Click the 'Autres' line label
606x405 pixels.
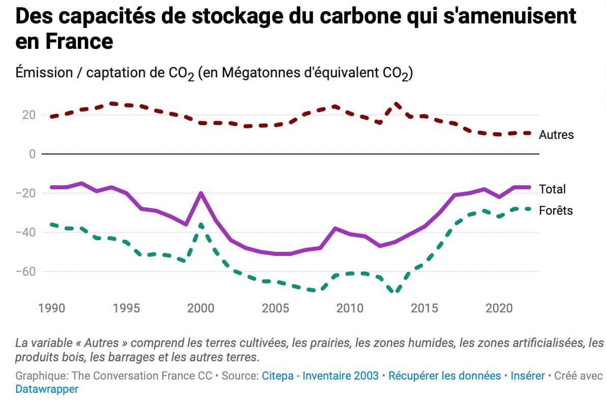coord(556,135)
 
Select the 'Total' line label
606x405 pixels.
coord(552,189)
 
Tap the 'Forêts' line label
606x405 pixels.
coord(556,210)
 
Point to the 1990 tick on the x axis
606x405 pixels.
coord(51,308)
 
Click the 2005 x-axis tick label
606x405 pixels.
coord(275,308)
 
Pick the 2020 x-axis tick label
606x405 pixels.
coord(499,308)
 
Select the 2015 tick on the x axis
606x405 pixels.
coord(424,308)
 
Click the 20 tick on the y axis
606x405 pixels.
coord(28,114)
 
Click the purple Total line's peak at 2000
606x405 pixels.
coord(201,193)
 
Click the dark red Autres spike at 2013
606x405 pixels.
coord(396,104)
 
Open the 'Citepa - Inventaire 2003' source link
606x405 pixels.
coord(320,376)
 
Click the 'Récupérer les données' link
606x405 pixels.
coord(444,376)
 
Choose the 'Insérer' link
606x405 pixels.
coord(528,376)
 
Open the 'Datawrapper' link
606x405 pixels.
coord(47,389)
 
